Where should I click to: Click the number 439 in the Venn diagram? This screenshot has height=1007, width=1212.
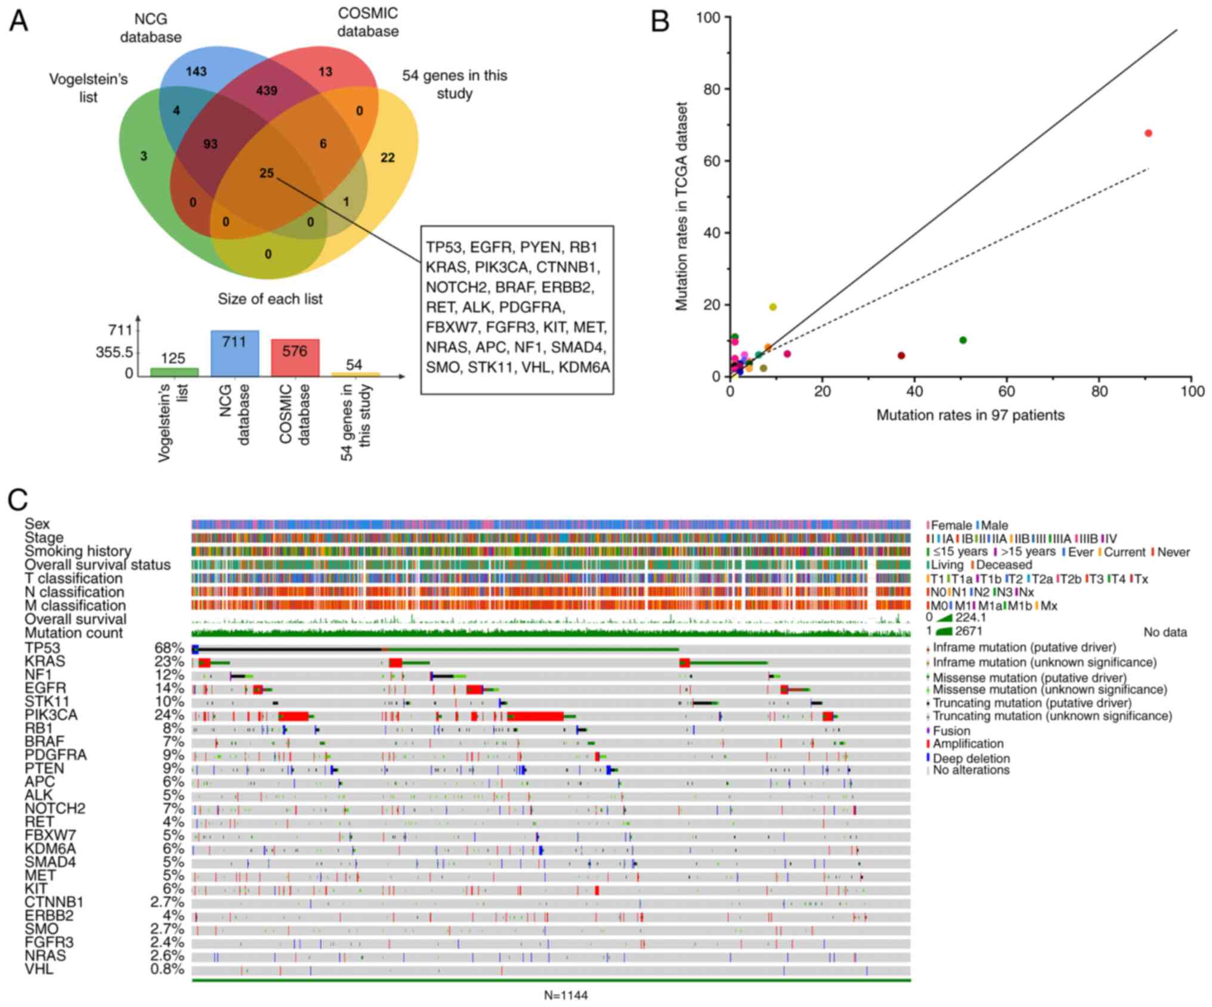pos(267,91)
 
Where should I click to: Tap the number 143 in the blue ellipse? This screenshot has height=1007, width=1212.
pos(196,72)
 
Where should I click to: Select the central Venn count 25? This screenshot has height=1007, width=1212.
pos(267,173)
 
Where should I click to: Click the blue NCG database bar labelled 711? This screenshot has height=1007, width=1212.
pos(234,354)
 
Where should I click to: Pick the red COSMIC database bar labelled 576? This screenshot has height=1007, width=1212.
pos(295,358)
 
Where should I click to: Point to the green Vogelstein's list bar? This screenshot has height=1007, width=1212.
pos(174,372)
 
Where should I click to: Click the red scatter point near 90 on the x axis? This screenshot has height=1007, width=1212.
pos(1148,133)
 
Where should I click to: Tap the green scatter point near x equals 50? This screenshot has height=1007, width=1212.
pos(963,340)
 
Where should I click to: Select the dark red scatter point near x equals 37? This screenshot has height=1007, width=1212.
pos(901,356)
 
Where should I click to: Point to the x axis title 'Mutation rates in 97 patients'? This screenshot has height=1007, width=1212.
pos(970,416)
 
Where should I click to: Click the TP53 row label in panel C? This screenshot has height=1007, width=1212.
pos(42,648)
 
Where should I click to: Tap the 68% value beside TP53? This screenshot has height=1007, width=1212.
pos(169,648)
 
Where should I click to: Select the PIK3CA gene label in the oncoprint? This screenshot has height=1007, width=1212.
pos(51,715)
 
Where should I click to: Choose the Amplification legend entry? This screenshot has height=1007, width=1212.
pos(967,743)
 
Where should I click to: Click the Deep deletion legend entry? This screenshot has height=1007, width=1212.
pos(971,758)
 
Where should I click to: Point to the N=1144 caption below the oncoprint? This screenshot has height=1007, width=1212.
pos(565,995)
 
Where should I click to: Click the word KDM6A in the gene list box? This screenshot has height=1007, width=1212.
pos(584,368)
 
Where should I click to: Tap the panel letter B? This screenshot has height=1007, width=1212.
pos(660,22)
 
